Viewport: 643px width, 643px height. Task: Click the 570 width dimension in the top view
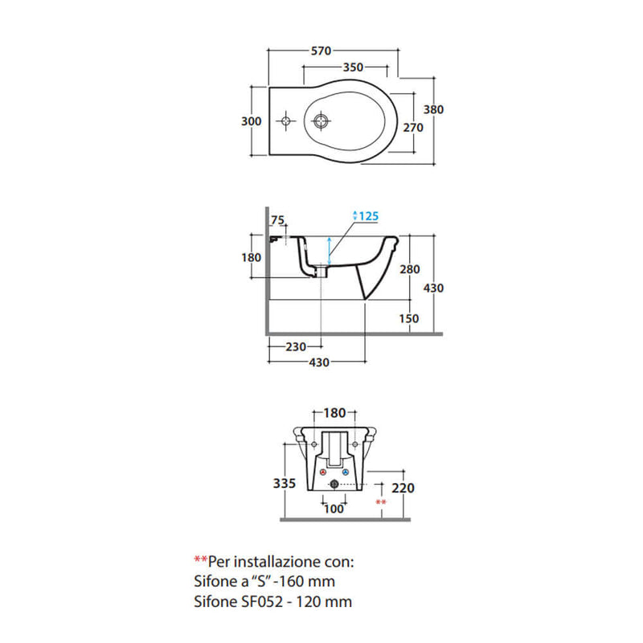[x=321, y=51]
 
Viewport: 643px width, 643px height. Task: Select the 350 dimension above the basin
[x=353, y=67]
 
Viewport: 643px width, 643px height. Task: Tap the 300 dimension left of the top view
[x=252, y=121]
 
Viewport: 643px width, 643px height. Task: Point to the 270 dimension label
[x=413, y=128]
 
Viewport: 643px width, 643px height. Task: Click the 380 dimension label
[x=433, y=109]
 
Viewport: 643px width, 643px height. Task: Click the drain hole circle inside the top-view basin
[x=321, y=121]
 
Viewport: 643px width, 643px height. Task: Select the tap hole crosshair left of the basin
[x=285, y=121]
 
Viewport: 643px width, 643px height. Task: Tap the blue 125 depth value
[x=368, y=216]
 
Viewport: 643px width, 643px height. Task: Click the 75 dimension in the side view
[x=277, y=220]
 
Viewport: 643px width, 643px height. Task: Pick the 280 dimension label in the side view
[x=410, y=269]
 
